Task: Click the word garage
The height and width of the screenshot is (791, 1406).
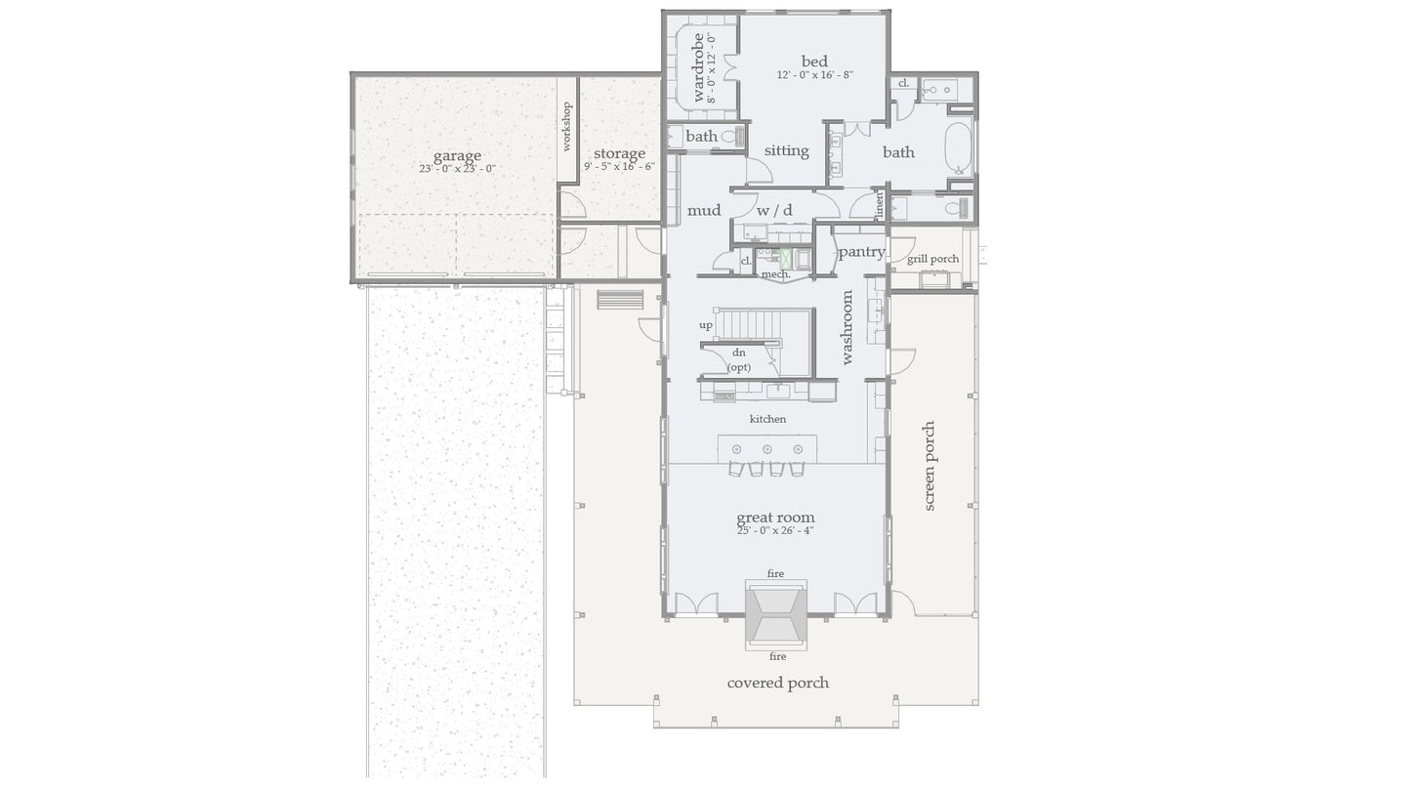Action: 457,156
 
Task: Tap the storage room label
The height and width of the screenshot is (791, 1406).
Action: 619,153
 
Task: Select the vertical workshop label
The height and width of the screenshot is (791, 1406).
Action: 566,127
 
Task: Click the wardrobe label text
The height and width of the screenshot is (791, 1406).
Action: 699,68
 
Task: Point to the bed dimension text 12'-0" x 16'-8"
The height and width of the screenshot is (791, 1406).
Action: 815,75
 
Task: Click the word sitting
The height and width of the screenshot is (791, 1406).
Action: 786,150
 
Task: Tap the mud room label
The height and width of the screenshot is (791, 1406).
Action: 703,210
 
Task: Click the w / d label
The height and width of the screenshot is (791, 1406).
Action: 774,210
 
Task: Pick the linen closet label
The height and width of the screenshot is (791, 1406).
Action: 880,206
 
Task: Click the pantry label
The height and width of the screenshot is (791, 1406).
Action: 861,251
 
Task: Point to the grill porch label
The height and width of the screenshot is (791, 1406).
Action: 932,259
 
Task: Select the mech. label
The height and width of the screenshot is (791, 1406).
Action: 775,274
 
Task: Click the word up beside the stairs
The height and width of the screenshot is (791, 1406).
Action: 705,324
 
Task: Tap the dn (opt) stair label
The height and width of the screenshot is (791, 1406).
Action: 739,359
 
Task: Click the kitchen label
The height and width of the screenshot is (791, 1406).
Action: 767,419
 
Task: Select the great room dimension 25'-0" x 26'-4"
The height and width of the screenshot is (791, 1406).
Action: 775,530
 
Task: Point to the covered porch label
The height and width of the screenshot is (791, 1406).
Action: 777,683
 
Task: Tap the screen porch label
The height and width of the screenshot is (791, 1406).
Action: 930,466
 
